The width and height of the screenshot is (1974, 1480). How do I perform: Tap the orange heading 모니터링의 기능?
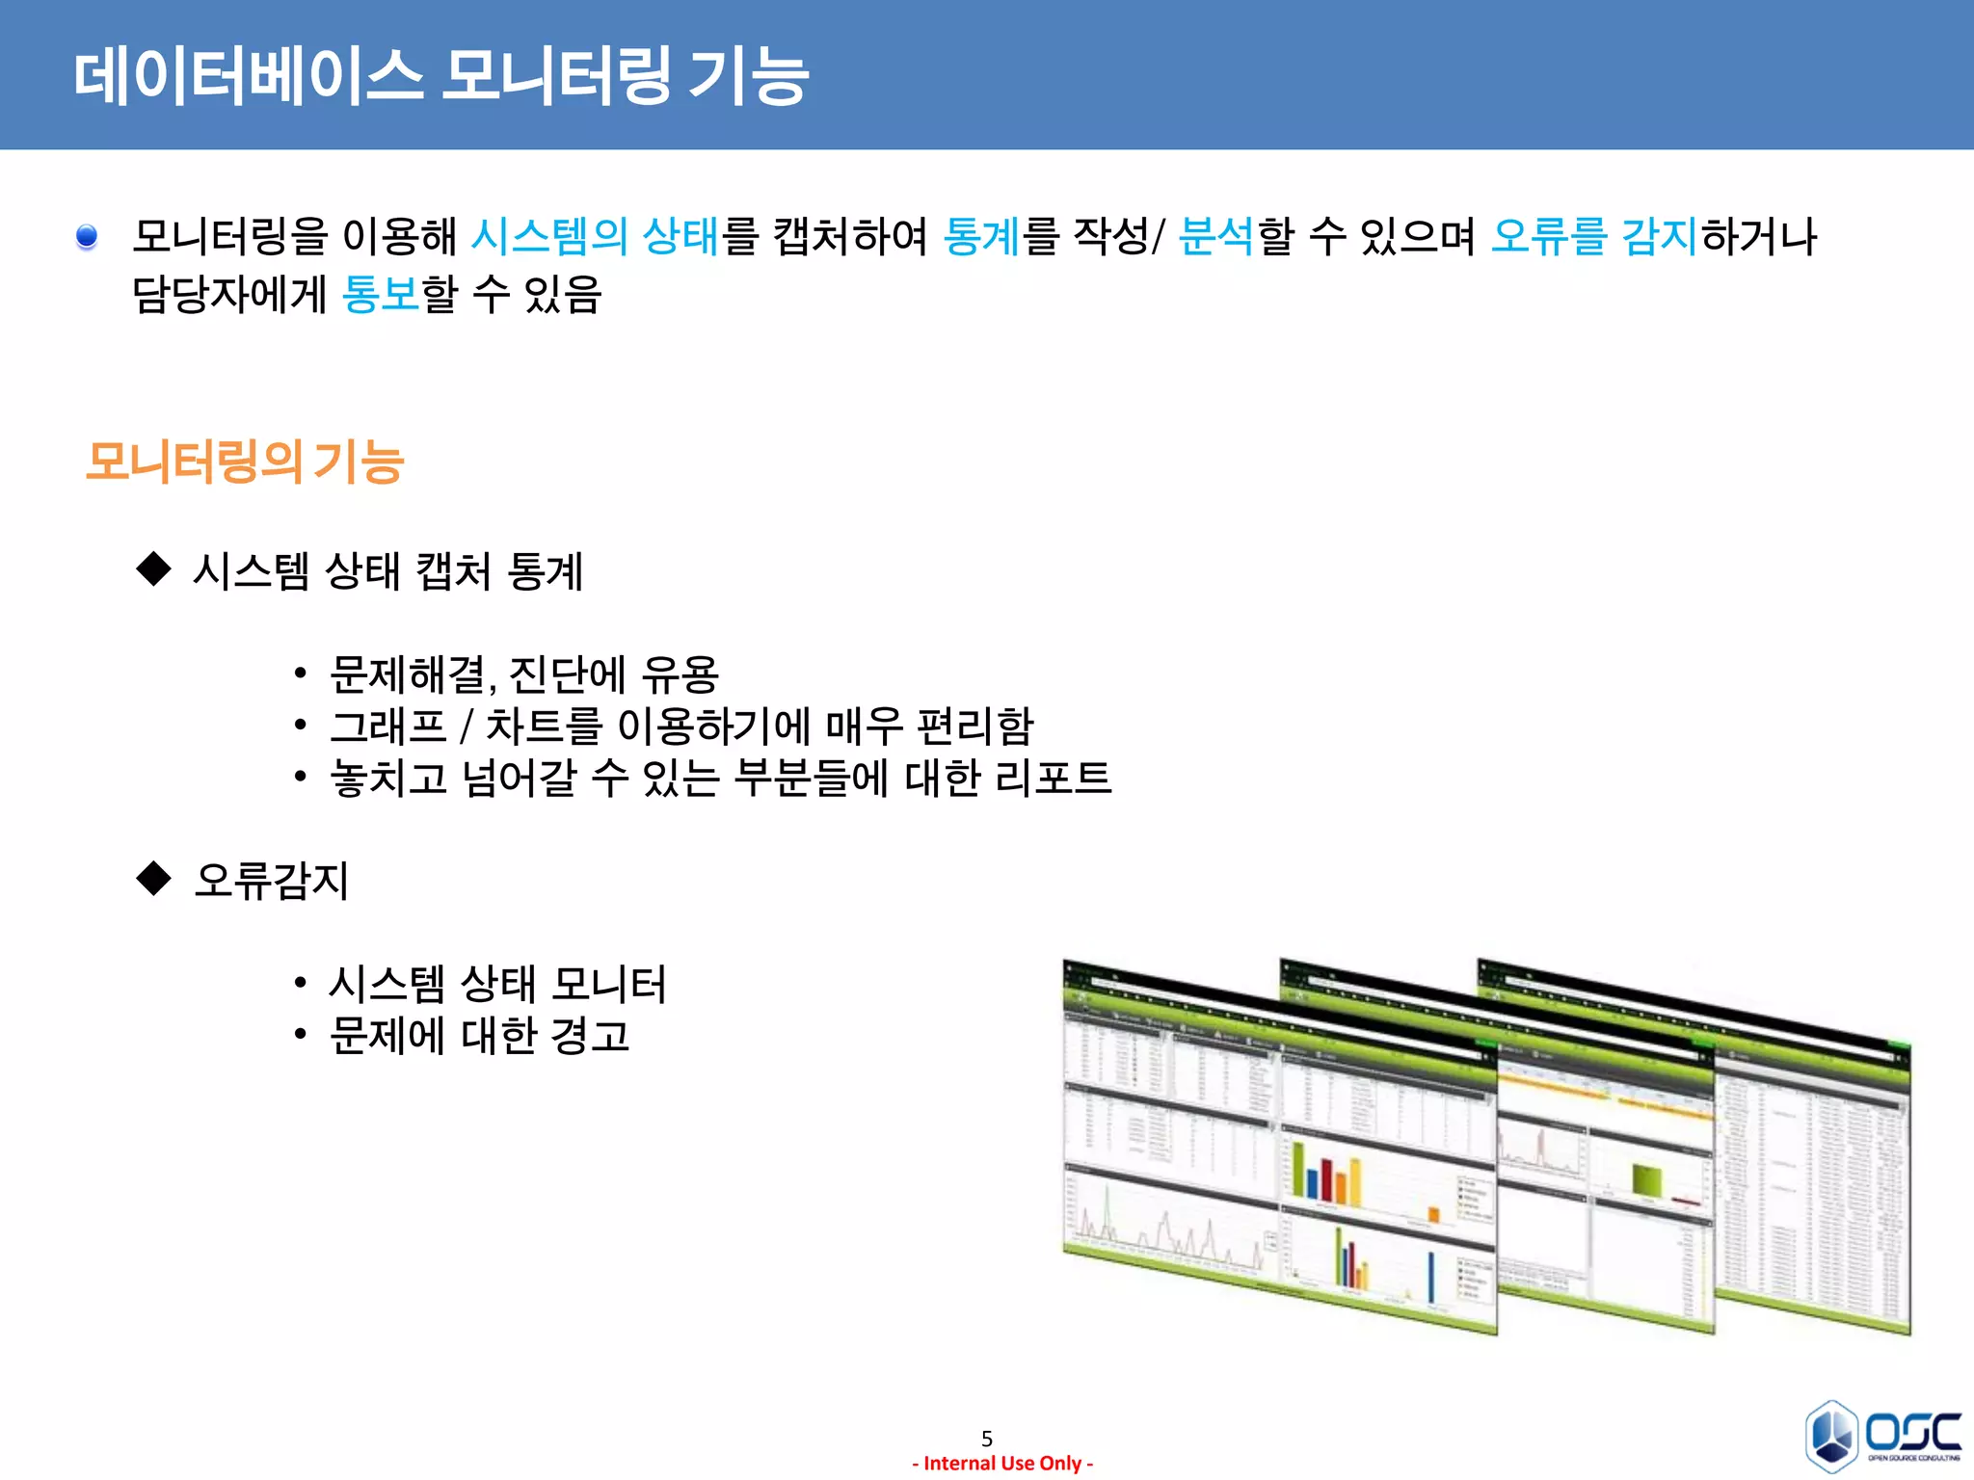tap(245, 462)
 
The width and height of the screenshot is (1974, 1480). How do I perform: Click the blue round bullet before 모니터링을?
tap(87, 236)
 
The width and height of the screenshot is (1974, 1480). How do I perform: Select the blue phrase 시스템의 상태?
tap(595, 237)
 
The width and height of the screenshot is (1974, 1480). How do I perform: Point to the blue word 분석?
tap(1216, 237)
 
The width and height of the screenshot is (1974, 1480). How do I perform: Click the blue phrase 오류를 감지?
tap(1593, 237)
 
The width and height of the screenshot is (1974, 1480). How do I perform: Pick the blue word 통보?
tap(381, 294)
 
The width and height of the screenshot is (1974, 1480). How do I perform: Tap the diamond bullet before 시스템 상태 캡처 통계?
tap(153, 568)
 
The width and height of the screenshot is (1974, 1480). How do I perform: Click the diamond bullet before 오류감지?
tap(153, 878)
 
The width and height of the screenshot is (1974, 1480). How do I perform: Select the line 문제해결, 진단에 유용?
tap(523, 674)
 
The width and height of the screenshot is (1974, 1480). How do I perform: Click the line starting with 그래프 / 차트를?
tap(680, 726)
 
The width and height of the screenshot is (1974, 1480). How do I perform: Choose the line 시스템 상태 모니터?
tap(497, 984)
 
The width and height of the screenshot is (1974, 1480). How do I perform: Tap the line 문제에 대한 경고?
tap(479, 1036)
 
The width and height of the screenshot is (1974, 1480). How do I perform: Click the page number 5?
tap(986, 1439)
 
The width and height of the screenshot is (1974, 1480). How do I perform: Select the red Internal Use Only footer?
tap(1002, 1464)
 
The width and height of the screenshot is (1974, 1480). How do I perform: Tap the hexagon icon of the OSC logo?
tap(1831, 1436)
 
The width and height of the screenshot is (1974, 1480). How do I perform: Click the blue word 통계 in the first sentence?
tap(980, 237)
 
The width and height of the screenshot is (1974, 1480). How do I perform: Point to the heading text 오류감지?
tap(271, 880)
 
